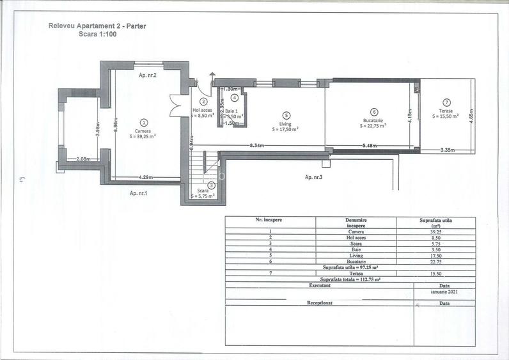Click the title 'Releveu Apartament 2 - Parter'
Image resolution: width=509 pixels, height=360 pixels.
92,26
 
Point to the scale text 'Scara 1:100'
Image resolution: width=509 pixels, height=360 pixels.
92,35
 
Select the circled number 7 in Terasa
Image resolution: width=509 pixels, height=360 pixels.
446,102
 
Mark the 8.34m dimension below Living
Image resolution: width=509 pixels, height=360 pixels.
259,146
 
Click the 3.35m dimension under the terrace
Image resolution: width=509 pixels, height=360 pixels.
448,150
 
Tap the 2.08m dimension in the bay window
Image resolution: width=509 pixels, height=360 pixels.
82,159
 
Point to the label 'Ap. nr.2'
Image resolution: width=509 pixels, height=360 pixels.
148,75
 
